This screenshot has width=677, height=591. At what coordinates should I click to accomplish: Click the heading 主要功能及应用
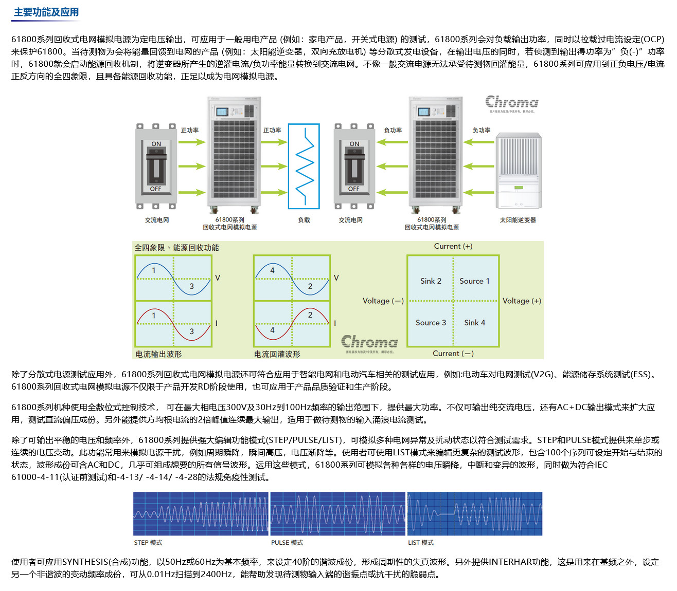click(46, 12)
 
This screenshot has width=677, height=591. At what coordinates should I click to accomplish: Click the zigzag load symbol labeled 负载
click(304, 166)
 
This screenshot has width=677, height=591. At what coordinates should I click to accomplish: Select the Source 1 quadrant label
click(474, 281)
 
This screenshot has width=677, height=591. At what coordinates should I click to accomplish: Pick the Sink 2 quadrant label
click(431, 281)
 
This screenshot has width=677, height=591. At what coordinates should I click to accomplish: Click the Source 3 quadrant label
click(431, 323)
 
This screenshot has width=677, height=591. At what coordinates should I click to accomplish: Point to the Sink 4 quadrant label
click(474, 323)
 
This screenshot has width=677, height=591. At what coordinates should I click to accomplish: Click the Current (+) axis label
click(453, 247)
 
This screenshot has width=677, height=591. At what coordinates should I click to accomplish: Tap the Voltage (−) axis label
click(383, 301)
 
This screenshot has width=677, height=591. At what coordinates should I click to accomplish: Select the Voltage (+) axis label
click(522, 301)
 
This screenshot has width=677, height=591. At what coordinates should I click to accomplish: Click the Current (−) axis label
click(453, 354)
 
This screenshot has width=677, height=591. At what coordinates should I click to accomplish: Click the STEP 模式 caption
click(148, 543)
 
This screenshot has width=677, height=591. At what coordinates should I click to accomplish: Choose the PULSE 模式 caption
click(287, 543)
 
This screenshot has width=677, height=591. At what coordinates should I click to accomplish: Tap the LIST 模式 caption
click(421, 543)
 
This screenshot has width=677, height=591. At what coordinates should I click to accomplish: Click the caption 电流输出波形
click(158, 354)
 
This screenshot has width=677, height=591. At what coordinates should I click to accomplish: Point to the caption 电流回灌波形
click(277, 354)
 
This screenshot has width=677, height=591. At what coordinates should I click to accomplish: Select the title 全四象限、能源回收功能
click(176, 248)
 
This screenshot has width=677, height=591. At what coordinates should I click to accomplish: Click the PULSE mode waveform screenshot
click(337, 514)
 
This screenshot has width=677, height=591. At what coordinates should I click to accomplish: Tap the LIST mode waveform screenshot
click(475, 514)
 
